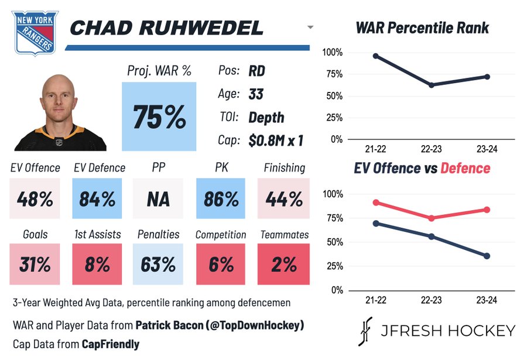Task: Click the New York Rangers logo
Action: coord(35,33)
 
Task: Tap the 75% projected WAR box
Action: coord(159,116)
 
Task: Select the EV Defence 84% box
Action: coord(97,199)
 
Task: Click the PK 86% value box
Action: coord(221,199)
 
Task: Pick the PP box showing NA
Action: coord(158,199)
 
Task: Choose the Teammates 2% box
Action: coord(283,265)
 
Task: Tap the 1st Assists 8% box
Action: coord(97,265)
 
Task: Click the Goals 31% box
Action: coord(34,265)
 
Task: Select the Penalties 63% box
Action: coord(158,265)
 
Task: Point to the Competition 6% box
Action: coord(221,265)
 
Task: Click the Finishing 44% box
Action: coord(284,199)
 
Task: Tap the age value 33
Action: coord(256,94)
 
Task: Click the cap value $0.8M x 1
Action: coord(275,140)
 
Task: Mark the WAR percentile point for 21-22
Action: coord(375,56)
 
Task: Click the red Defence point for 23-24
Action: coord(487,210)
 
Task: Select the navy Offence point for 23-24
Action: coord(487,256)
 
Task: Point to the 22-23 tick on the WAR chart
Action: coord(432,149)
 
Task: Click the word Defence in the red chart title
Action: coord(466,169)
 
